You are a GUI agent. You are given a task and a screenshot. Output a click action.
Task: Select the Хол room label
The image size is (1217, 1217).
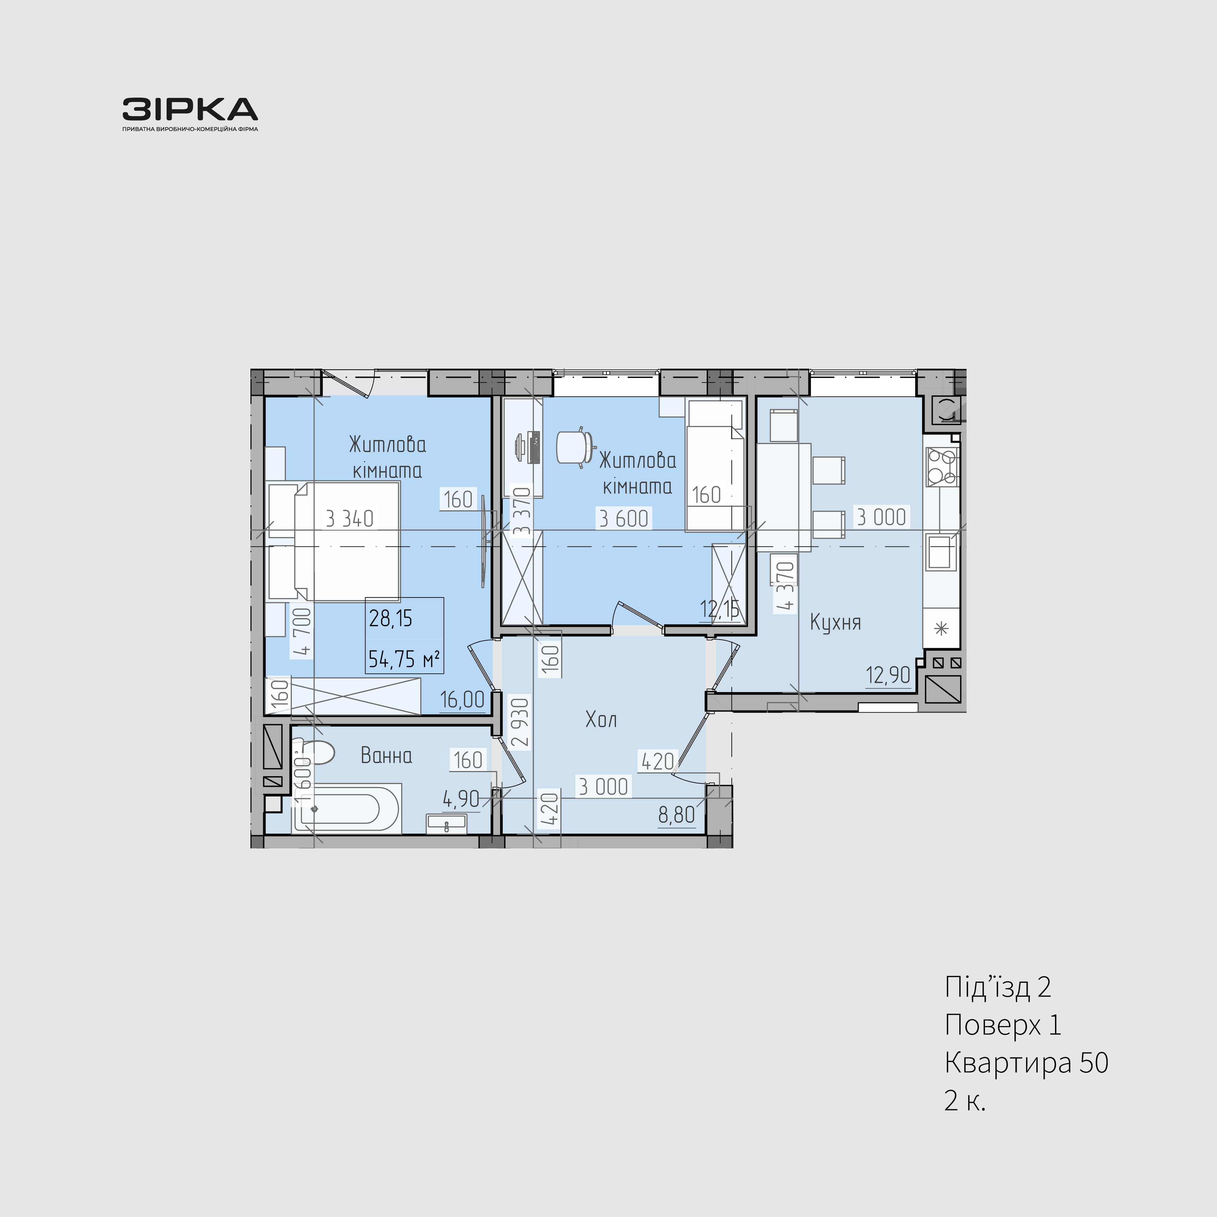pos(601,719)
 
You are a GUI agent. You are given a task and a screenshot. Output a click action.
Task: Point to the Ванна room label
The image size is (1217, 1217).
pos(386,755)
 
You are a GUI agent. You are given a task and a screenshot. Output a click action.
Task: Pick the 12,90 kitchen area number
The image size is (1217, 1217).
pos(888,675)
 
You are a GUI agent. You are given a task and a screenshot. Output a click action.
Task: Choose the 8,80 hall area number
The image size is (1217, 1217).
pos(677,815)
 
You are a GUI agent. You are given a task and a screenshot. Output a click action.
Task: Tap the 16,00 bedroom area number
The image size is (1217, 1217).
pos(462,699)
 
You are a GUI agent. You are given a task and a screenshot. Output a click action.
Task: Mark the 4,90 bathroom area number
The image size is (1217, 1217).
pos(461,799)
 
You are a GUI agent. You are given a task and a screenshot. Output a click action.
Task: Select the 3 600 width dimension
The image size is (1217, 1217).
pos(624,518)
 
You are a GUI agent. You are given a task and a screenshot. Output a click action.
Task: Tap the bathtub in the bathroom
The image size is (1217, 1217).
pos(346,808)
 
